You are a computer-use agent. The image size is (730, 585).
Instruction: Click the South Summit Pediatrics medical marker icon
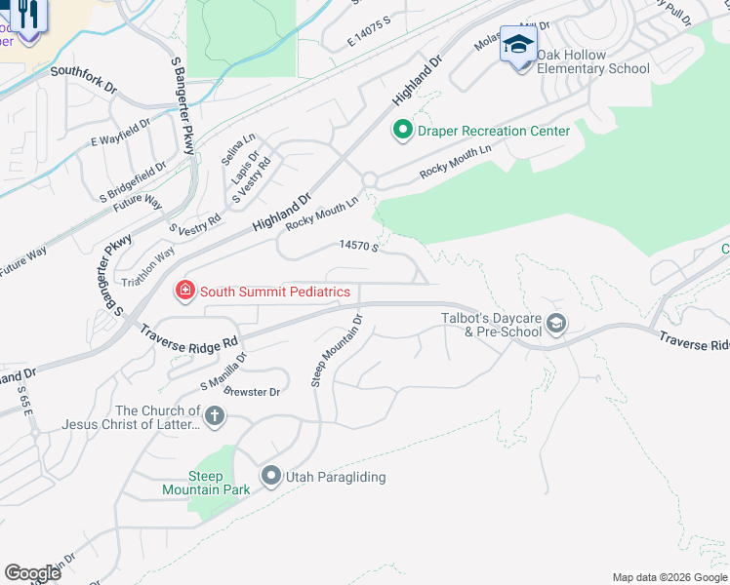click(x=182, y=290)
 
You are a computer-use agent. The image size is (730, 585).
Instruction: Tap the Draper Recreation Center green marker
click(x=401, y=130)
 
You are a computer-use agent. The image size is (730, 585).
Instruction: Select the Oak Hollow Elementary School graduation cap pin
click(x=518, y=45)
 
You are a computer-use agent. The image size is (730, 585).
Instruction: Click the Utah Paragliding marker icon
click(x=270, y=477)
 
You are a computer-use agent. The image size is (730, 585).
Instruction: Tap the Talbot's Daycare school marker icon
click(x=556, y=324)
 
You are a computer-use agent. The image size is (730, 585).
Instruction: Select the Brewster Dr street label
click(x=253, y=392)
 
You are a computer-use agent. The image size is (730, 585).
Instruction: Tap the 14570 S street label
click(x=359, y=247)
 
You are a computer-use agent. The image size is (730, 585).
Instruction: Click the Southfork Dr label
click(x=84, y=71)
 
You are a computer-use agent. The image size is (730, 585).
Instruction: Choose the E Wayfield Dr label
click(x=120, y=134)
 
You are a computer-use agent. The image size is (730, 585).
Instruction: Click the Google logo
click(x=32, y=572)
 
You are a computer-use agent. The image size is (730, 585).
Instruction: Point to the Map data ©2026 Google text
click(x=669, y=577)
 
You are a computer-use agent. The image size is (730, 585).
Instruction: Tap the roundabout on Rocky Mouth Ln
click(x=370, y=180)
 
